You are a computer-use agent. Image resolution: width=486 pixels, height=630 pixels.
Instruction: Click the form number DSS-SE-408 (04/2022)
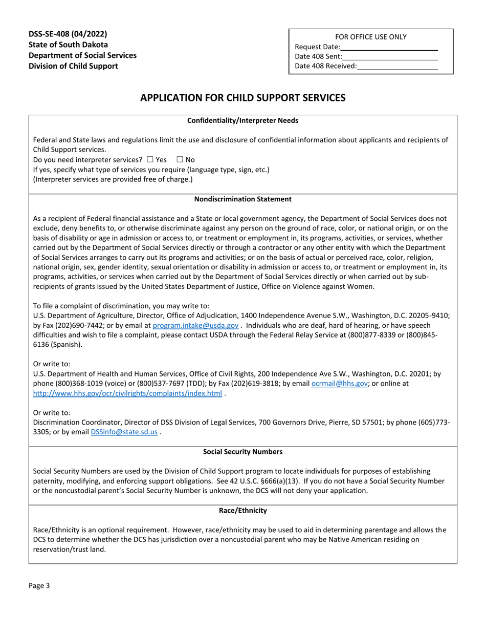[68, 34]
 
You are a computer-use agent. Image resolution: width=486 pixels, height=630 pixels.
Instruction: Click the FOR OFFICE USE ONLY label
[371, 37]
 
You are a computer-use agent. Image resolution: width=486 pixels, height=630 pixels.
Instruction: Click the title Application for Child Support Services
[242, 97]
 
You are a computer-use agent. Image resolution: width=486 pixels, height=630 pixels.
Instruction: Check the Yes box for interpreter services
[149, 160]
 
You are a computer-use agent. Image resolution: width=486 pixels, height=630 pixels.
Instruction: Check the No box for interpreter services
[180, 160]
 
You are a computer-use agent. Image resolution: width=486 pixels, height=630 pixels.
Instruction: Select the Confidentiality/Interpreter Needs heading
[242, 121]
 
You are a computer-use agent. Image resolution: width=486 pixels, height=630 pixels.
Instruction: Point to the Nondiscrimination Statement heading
[242, 199]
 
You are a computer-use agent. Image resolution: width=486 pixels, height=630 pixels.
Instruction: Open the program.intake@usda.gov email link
[195, 325]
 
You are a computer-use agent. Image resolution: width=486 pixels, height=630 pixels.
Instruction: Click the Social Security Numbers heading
[242, 452]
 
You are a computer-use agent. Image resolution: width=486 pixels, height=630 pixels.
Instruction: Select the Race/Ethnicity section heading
[242, 511]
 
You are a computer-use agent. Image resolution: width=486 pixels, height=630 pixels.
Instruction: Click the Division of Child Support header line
[73, 66]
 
